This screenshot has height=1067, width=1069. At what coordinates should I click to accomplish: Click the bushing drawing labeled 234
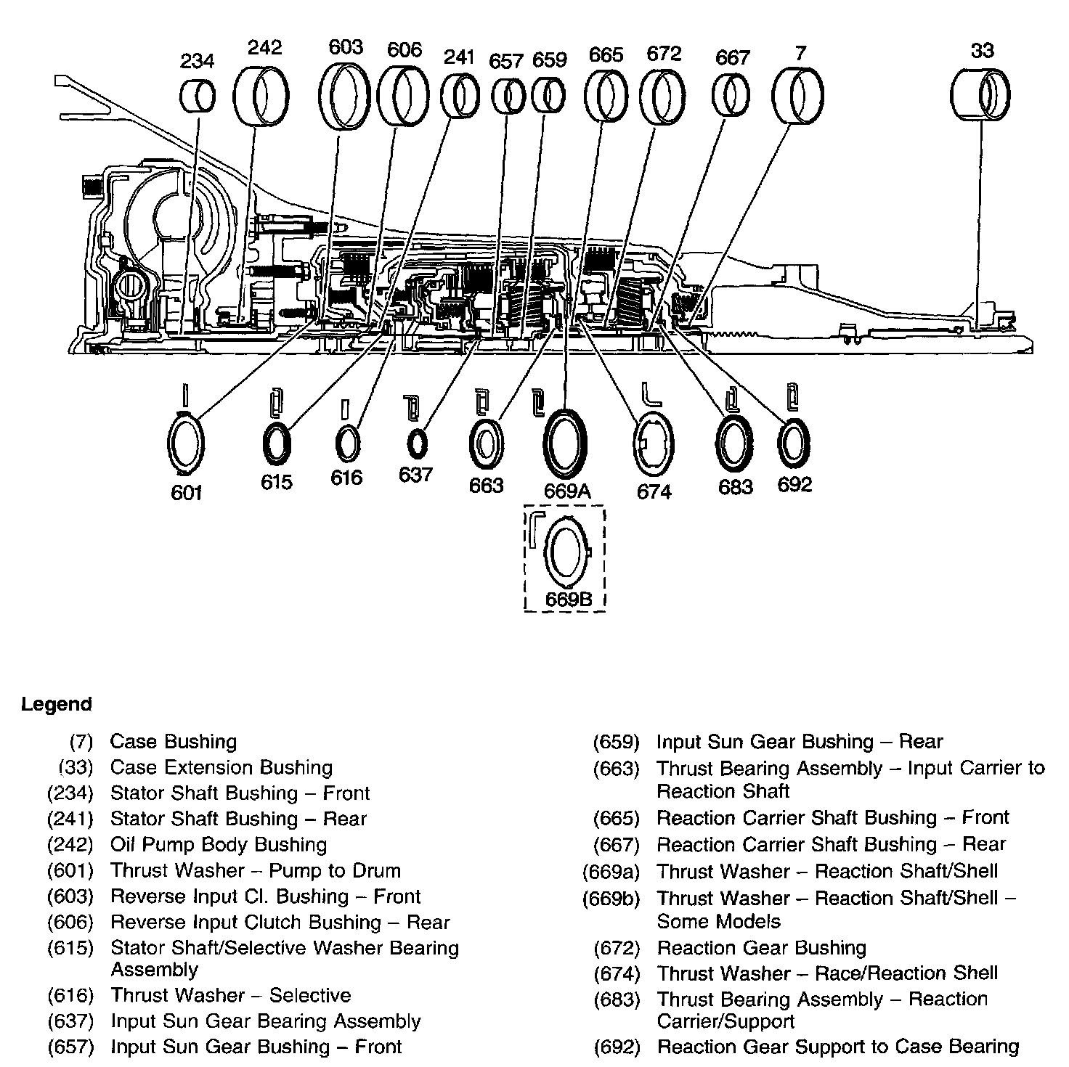pyautogui.click(x=197, y=96)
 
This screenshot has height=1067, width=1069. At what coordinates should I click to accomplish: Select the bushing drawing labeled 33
pyautogui.click(x=980, y=94)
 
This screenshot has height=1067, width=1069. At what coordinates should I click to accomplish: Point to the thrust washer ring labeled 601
pyautogui.click(x=186, y=443)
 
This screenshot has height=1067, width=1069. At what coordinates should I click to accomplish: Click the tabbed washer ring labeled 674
pyautogui.click(x=654, y=444)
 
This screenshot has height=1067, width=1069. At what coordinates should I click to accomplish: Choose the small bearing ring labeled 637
pyautogui.click(x=417, y=443)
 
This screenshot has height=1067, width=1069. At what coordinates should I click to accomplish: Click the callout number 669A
pyautogui.click(x=567, y=491)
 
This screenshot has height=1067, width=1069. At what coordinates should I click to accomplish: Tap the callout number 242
pyautogui.click(x=264, y=48)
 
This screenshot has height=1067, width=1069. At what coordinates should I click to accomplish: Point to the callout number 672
pyautogui.click(x=664, y=54)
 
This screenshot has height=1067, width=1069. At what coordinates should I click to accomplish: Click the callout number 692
pyautogui.click(x=794, y=485)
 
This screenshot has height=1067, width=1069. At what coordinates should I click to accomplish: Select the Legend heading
pyautogui.click(x=57, y=704)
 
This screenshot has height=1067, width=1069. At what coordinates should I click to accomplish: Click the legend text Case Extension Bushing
pyautogui.click(x=221, y=767)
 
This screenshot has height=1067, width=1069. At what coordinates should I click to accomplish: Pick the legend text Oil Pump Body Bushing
pyautogui.click(x=218, y=844)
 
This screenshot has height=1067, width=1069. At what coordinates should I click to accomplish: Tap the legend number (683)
pyautogui.click(x=616, y=999)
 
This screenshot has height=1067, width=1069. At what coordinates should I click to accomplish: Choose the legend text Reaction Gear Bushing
pyautogui.click(x=761, y=948)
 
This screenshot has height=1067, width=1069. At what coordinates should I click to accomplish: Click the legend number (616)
pyautogui.click(x=70, y=995)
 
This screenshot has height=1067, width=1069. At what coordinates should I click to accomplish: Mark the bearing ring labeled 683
pyautogui.click(x=735, y=444)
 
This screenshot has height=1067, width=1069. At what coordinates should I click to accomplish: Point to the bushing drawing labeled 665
pyautogui.click(x=606, y=96)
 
